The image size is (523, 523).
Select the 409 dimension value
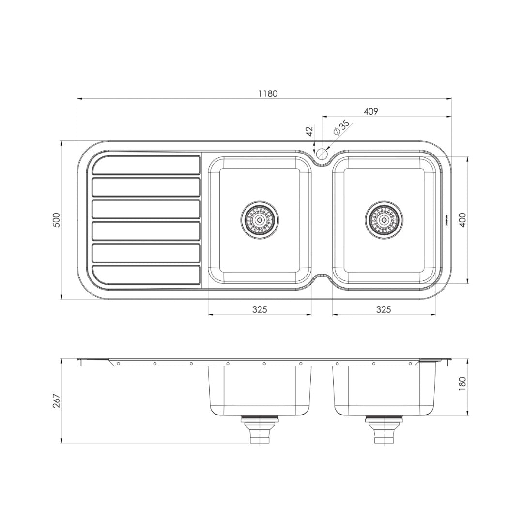(x=370, y=111)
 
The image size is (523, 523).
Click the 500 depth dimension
(x=57, y=220)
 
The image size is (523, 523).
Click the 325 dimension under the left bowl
(x=260, y=309)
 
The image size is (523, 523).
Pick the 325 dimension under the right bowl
(x=383, y=309)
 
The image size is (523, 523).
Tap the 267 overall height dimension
(x=57, y=401)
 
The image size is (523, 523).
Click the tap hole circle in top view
(x=322, y=154)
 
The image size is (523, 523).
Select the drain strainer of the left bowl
(x=260, y=219)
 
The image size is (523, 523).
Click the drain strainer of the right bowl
(x=384, y=219)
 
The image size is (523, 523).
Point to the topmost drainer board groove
(x=146, y=165)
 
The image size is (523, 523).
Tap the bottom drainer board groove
(x=146, y=275)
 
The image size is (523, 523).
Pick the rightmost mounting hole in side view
(x=410, y=363)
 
